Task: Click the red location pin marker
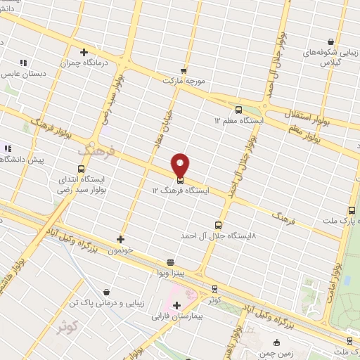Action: [181, 165]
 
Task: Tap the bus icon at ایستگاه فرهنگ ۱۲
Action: [181, 179]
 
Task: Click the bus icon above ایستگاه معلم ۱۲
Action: [238, 110]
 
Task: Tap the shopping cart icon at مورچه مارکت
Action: [184, 70]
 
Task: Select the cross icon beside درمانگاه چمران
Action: [84, 52]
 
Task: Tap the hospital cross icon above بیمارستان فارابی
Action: [176, 304]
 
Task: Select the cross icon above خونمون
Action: [121, 239]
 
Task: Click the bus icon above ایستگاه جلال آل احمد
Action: [218, 226]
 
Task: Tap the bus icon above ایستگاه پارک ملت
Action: [352, 210]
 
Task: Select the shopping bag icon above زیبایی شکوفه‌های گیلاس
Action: [331, 41]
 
